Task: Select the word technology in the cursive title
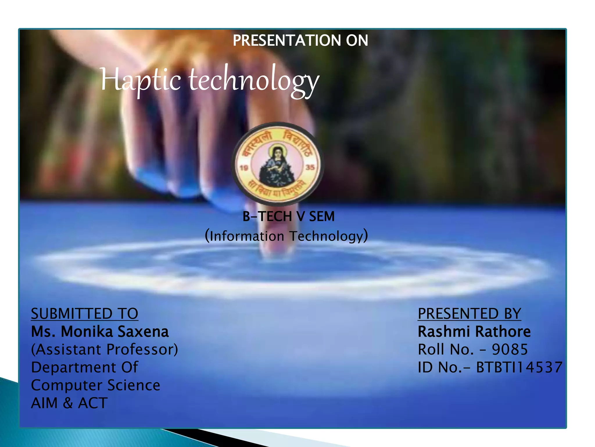(254, 80)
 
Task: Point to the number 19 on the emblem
(244, 168)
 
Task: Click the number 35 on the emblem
(310, 167)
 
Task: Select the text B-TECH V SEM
(288, 217)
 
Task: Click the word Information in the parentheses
(247, 236)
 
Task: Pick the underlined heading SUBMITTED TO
(85, 314)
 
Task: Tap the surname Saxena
(143, 332)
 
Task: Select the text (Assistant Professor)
(104, 350)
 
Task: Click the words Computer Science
(96, 385)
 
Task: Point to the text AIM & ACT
(69, 403)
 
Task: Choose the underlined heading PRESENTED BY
(469, 314)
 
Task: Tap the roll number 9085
(510, 350)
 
